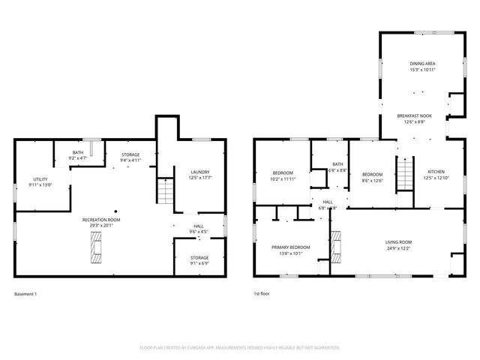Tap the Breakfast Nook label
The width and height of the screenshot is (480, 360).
(x=415, y=115)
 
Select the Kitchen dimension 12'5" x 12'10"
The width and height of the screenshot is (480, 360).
(x=436, y=178)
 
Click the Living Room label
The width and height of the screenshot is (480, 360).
(x=399, y=242)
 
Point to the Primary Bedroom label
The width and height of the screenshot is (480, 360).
(x=290, y=247)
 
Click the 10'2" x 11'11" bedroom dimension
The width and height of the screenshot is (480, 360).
(x=283, y=179)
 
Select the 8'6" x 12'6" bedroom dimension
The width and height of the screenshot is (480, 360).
(x=373, y=179)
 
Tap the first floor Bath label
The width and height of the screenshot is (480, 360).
(x=337, y=164)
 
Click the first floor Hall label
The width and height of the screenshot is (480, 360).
(x=328, y=202)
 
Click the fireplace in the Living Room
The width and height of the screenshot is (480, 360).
(x=335, y=248)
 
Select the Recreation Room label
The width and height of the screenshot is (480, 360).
(x=101, y=220)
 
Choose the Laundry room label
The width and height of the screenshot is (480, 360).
(x=199, y=172)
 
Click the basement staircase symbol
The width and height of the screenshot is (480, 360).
(x=165, y=192)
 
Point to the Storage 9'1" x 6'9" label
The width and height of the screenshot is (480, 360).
(x=199, y=258)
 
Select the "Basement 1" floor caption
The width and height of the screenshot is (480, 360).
(x=25, y=293)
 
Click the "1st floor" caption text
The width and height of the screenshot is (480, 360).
(x=262, y=293)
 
